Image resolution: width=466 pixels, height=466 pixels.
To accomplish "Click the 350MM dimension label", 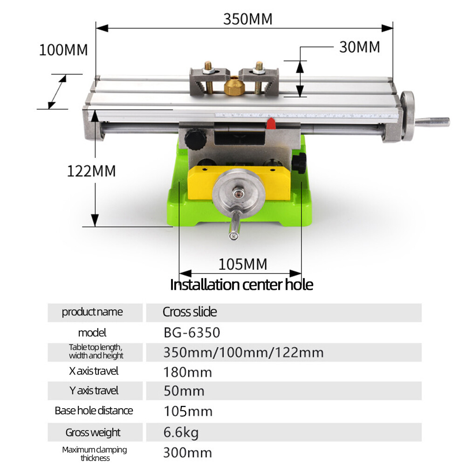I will click(247, 19).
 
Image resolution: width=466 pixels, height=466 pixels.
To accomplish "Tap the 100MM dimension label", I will click(63, 50).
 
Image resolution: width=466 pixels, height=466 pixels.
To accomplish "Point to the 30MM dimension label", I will click(359, 47).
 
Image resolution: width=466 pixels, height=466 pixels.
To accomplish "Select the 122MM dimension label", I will click(91, 171).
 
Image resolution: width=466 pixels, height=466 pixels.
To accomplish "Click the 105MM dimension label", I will click(243, 264).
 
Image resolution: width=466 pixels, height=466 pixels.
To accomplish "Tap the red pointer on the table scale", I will click(270, 123).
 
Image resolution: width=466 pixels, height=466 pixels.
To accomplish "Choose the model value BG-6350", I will click(192, 333).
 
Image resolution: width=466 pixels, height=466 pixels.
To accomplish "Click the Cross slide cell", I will click(190, 312).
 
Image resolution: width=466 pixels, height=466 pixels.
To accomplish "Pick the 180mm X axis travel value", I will click(187, 372).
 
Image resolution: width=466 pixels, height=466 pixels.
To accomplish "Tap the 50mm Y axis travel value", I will click(184, 391).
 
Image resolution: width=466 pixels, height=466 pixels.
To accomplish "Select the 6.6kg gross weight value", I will click(181, 432).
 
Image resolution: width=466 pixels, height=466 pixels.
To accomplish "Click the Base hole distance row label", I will click(94, 411).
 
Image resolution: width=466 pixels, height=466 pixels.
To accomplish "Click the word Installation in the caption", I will click(203, 284).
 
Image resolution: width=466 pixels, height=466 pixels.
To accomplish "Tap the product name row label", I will click(92, 312).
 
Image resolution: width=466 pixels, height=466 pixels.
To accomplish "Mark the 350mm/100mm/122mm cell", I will click(243, 352).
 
